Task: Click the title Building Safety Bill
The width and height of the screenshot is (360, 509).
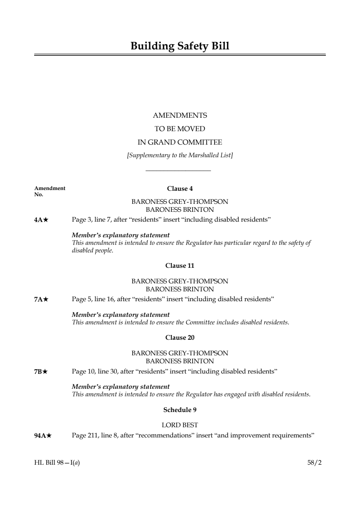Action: click(x=180, y=46)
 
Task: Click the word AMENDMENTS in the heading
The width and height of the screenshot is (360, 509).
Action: click(x=180, y=116)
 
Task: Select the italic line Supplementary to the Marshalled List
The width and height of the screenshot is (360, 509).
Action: click(x=180, y=155)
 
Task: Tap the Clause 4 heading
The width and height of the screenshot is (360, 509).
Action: click(x=180, y=189)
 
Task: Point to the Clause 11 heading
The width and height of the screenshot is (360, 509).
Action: click(x=180, y=266)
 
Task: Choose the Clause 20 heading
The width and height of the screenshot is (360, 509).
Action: click(x=180, y=338)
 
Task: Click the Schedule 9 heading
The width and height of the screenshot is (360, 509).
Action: click(x=180, y=410)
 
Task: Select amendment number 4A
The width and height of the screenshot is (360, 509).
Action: click(x=39, y=220)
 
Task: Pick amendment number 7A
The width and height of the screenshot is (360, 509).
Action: click(x=39, y=299)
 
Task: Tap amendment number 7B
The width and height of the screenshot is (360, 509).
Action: click(x=39, y=372)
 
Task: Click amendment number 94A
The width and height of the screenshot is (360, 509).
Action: click(x=40, y=436)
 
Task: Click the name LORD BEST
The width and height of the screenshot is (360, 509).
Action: click(x=180, y=425)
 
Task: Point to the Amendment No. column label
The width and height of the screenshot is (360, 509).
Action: click(x=50, y=191)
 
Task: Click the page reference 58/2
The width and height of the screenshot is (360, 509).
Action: click(x=314, y=462)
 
